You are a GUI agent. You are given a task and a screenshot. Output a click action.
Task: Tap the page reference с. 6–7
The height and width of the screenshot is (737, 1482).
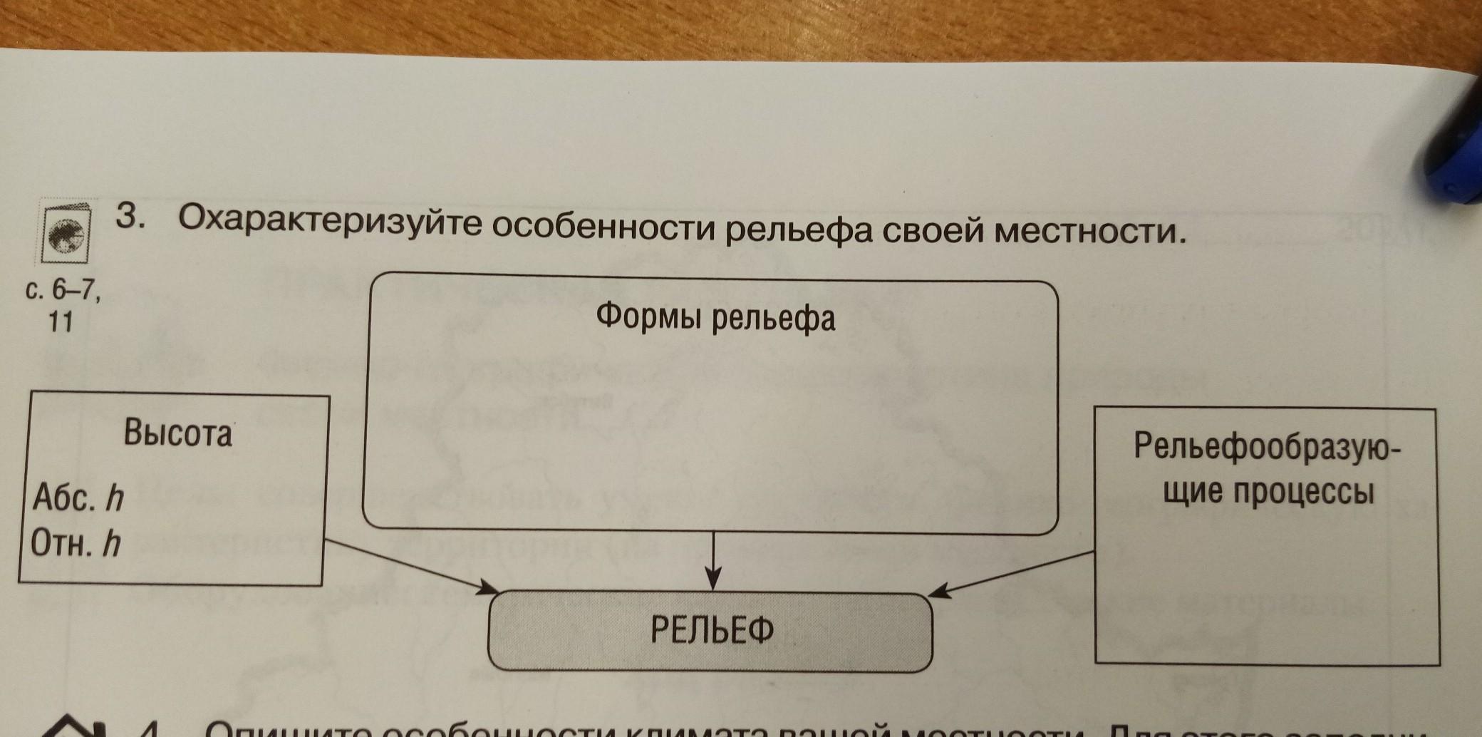point(63,292)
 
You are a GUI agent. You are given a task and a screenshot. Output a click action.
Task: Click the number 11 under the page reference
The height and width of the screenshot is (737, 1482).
point(61,323)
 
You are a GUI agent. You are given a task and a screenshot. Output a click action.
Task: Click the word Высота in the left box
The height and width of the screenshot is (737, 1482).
point(178,433)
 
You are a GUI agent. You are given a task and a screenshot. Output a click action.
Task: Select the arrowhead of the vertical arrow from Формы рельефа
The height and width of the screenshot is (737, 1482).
point(713,579)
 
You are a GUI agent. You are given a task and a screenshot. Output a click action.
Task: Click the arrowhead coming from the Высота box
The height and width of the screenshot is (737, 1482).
point(489,588)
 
